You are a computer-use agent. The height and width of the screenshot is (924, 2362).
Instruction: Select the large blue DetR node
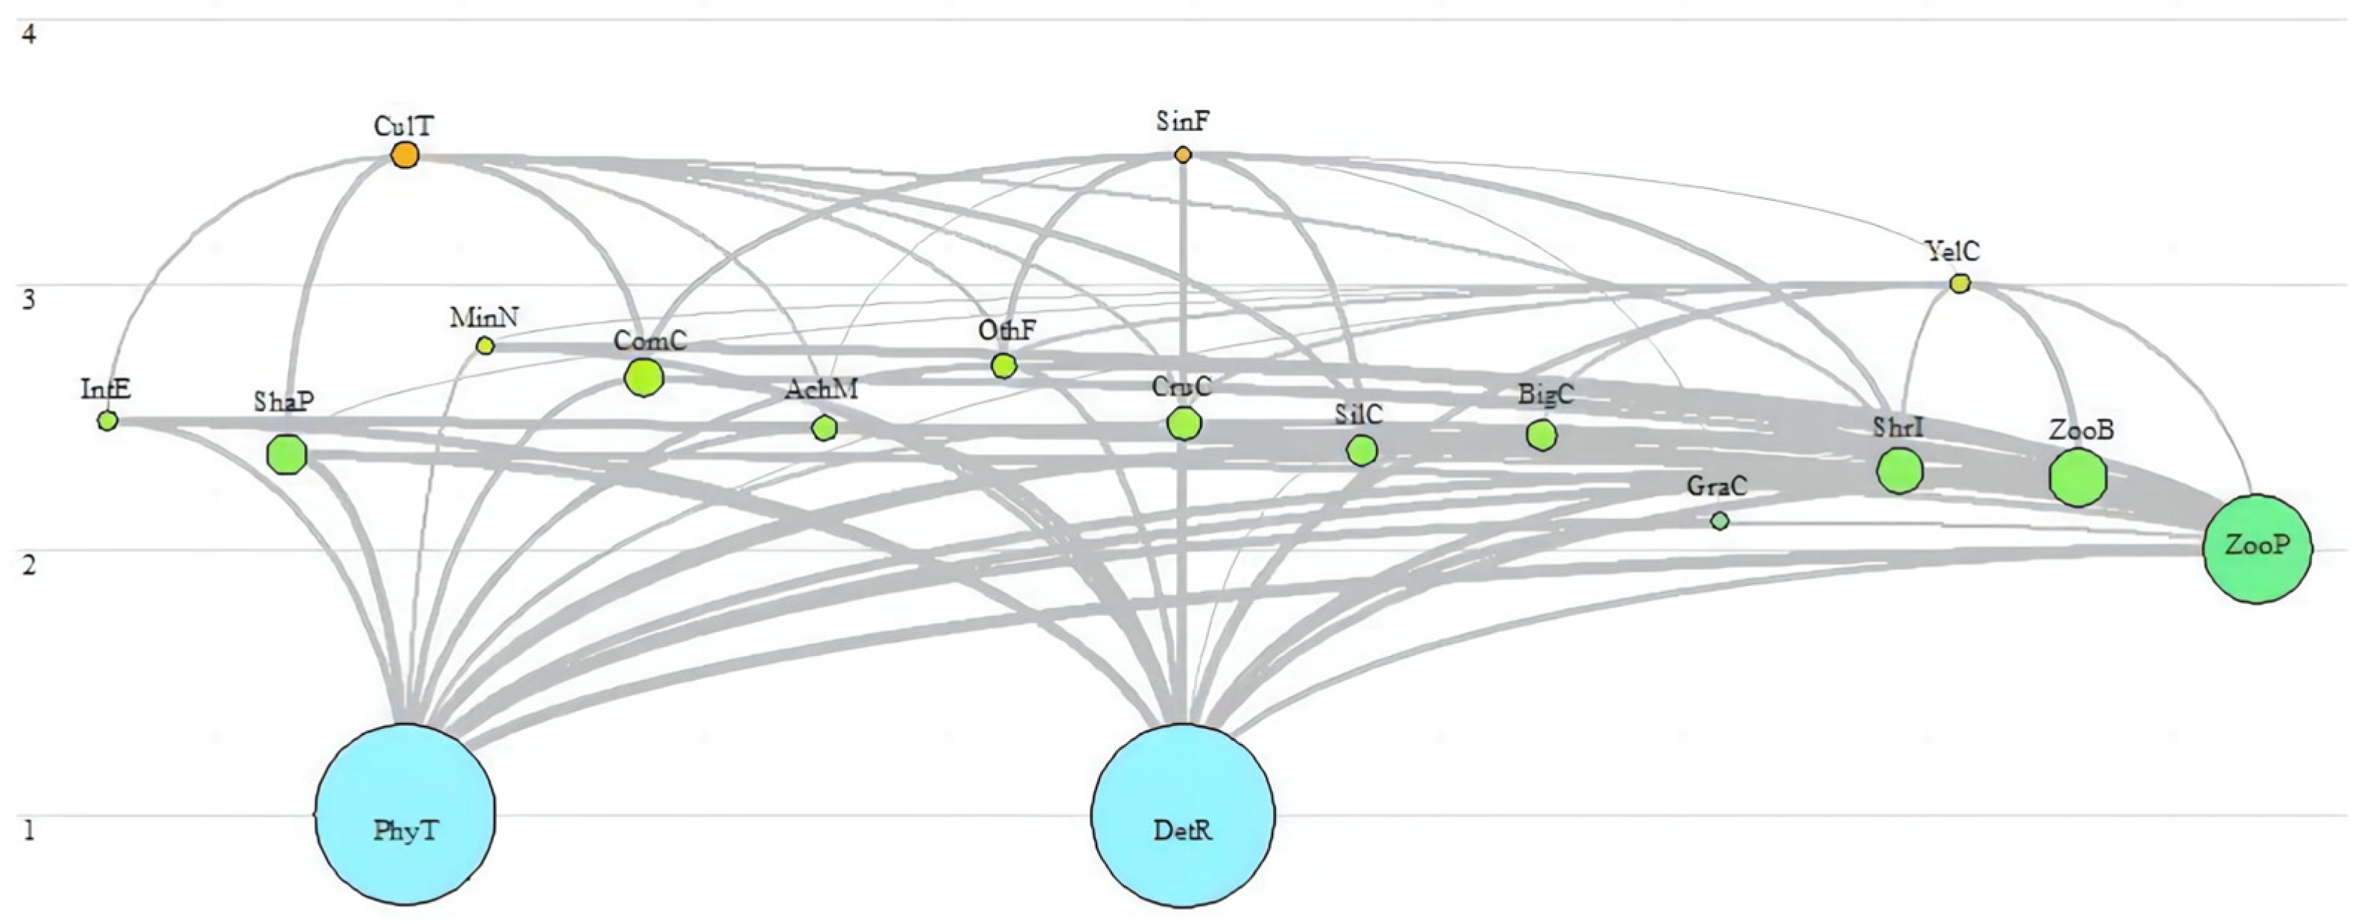[x=1182, y=814]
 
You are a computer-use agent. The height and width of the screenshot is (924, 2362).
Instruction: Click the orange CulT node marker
[x=405, y=155]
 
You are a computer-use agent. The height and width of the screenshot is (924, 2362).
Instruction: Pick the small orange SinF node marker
[x=1183, y=155]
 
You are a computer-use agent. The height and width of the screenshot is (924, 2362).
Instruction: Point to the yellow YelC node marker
[x=1960, y=283]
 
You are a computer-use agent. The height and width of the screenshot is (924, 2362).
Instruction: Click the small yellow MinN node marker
[x=485, y=345]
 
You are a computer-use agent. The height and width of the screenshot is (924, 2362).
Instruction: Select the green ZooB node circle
[x=2077, y=477]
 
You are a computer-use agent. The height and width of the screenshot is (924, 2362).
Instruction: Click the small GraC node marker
[x=1720, y=520]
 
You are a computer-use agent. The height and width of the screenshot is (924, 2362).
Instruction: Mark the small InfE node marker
[x=107, y=421]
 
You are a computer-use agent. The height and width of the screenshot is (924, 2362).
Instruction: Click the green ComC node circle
[x=644, y=377]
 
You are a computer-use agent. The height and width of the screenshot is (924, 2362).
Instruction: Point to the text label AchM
[x=822, y=389]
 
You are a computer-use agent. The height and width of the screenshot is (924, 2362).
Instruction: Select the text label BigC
[x=1546, y=395]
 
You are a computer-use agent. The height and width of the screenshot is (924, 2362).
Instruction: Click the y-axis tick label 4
[x=29, y=36]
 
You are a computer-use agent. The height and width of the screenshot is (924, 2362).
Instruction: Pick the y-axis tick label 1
[x=29, y=832]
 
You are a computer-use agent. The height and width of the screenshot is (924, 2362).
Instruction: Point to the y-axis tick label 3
[x=29, y=300]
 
